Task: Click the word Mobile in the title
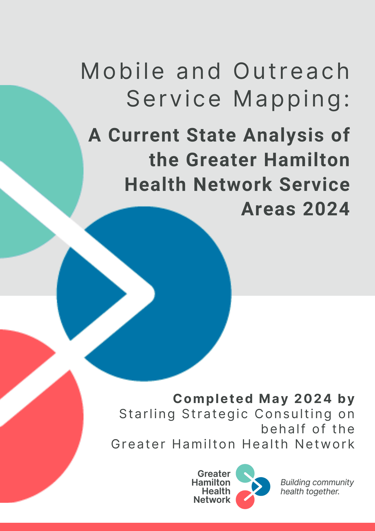point(123,71)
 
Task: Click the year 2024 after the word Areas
point(326,209)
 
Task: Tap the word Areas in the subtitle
point(268,209)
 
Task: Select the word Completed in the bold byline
point(213,399)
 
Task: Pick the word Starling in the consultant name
point(147,414)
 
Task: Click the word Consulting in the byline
point(293,414)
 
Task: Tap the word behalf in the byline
point(283,429)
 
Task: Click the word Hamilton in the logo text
point(211,482)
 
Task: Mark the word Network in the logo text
point(212,500)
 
